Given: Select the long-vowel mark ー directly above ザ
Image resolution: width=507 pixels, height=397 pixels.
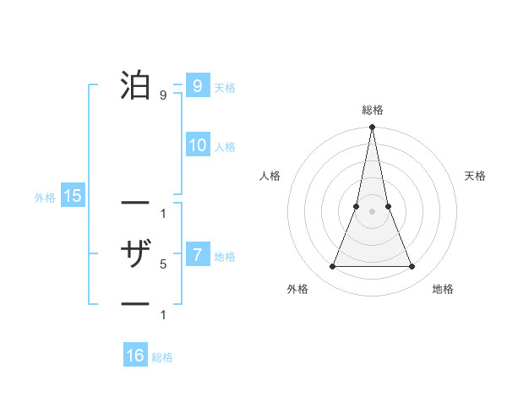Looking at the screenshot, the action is (135, 204).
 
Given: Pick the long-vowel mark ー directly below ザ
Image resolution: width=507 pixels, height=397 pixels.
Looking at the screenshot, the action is (135, 303).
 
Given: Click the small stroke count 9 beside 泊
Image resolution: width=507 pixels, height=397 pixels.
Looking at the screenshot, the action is (162, 95).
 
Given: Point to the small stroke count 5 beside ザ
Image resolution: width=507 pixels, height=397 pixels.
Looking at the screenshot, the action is (162, 264).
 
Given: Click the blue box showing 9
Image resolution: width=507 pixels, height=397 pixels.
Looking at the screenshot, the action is (197, 85).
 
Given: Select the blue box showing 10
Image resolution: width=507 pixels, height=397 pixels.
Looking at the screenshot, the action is (197, 145).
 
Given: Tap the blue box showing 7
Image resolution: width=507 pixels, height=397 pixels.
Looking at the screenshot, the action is (197, 254).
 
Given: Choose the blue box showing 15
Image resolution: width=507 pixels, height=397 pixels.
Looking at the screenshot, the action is (73, 196).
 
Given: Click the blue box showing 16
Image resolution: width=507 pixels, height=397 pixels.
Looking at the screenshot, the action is (135, 356).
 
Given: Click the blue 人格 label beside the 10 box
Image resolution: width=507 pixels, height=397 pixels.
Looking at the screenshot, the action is (225, 147).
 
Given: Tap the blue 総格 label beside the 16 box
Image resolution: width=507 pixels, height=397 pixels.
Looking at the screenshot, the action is (162, 357).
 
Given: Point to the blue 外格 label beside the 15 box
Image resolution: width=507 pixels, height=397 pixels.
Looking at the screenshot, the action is (45, 198).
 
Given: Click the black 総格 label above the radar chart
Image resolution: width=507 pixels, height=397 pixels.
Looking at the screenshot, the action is (372, 110).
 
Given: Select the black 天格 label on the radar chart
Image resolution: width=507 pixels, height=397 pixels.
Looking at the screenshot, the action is (476, 176).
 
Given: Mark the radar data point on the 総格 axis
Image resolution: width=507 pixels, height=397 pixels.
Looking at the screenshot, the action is (372, 128).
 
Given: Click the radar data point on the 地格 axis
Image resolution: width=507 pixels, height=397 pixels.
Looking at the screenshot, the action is (412, 267).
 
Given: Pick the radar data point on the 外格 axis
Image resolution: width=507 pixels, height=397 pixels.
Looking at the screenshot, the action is (332, 267).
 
